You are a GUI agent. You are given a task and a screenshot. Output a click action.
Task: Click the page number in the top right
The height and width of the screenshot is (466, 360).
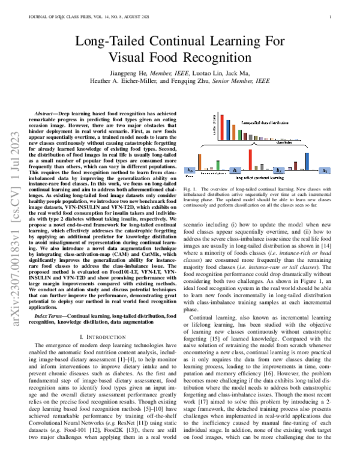pos(330,17)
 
